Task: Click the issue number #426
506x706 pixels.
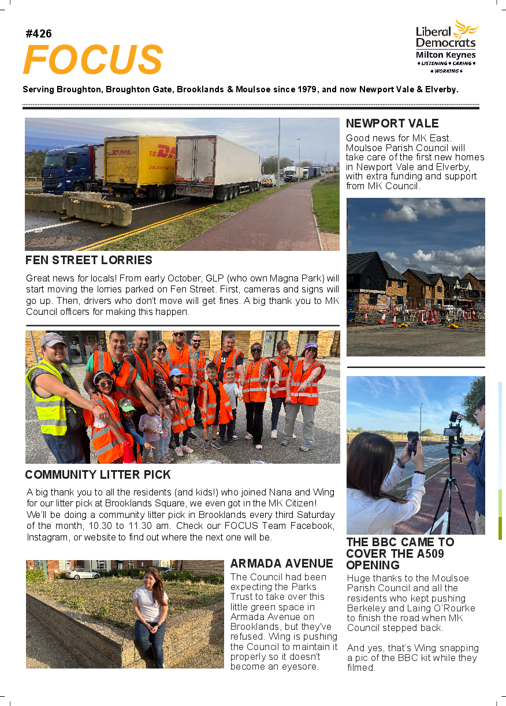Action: tap(39, 34)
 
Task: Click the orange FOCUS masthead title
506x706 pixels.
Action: tap(93, 59)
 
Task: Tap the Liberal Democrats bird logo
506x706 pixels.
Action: tap(466, 29)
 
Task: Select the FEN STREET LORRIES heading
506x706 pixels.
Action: tap(89, 260)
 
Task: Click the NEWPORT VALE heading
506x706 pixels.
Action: tap(392, 123)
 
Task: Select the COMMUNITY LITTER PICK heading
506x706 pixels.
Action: tap(98, 475)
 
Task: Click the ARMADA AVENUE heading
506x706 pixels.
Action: tap(282, 564)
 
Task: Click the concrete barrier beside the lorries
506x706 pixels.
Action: tap(98, 211)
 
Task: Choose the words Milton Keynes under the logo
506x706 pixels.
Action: tap(446, 55)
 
